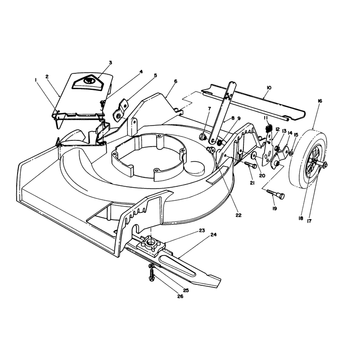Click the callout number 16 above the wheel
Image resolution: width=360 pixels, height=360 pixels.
coord(320,101)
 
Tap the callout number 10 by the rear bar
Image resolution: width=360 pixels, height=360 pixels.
coord(269,88)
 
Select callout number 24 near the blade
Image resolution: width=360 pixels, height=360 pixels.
coord(213,234)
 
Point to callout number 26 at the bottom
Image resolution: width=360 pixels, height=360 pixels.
coord(180,297)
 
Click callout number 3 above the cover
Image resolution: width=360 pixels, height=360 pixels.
coord(110,63)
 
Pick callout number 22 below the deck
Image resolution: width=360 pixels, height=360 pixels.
coord(238,215)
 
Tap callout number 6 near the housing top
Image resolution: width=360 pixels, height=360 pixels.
coord(175,81)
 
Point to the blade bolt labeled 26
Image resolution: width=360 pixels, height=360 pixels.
coord(152,274)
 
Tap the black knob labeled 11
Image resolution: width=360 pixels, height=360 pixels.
coord(269,128)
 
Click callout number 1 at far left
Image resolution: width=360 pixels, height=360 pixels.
coord(36,80)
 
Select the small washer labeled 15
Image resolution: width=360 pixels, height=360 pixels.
coord(291,153)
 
